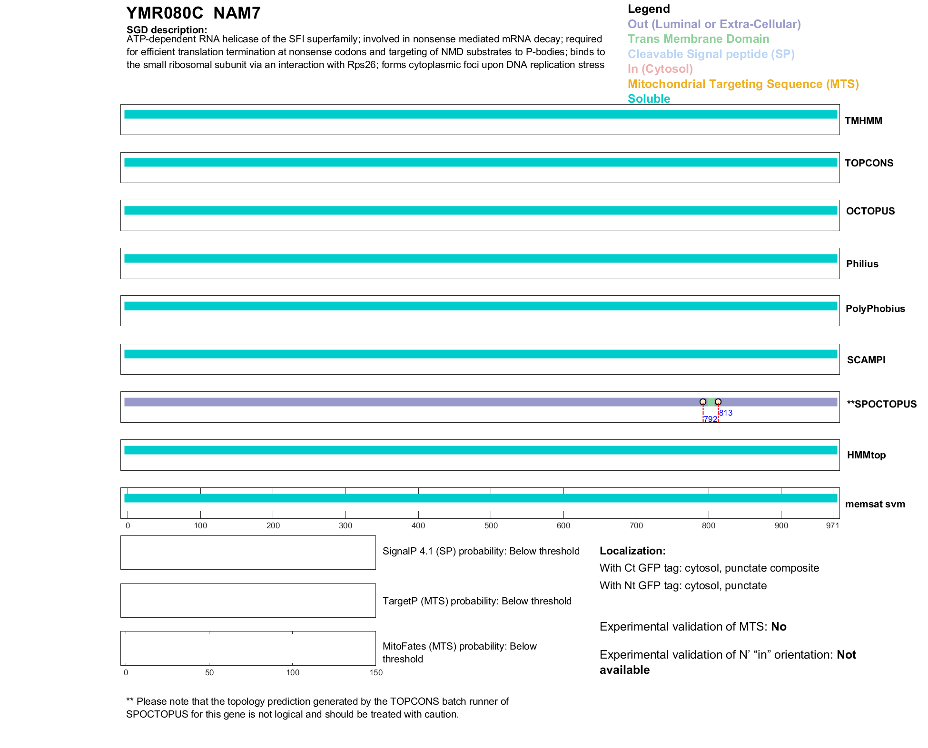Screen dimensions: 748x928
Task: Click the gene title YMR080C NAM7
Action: [193, 13]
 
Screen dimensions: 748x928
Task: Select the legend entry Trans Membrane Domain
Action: [698, 39]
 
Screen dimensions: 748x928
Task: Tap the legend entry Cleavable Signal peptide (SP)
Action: [711, 54]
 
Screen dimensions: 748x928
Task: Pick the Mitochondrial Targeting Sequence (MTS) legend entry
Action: [743, 84]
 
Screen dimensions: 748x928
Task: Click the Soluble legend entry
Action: [649, 99]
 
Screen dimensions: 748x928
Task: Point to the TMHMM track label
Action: [863, 121]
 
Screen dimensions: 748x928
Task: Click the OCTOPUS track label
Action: [870, 211]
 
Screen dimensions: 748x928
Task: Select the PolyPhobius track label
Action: [875, 309]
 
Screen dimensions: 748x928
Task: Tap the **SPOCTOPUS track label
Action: [881, 404]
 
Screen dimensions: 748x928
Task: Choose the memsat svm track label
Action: [875, 504]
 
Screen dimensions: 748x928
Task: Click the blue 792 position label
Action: [710, 419]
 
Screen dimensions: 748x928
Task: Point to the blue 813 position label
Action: [726, 413]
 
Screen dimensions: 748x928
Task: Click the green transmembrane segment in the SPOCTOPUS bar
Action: [711, 402]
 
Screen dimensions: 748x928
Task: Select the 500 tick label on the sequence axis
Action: [491, 525]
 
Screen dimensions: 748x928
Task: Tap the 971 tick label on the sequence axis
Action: [832, 525]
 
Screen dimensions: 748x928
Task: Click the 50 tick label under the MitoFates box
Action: [209, 672]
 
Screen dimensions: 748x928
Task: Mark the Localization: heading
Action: [632, 551]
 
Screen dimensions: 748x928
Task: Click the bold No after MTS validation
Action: [779, 627]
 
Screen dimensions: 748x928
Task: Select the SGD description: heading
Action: [167, 30]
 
